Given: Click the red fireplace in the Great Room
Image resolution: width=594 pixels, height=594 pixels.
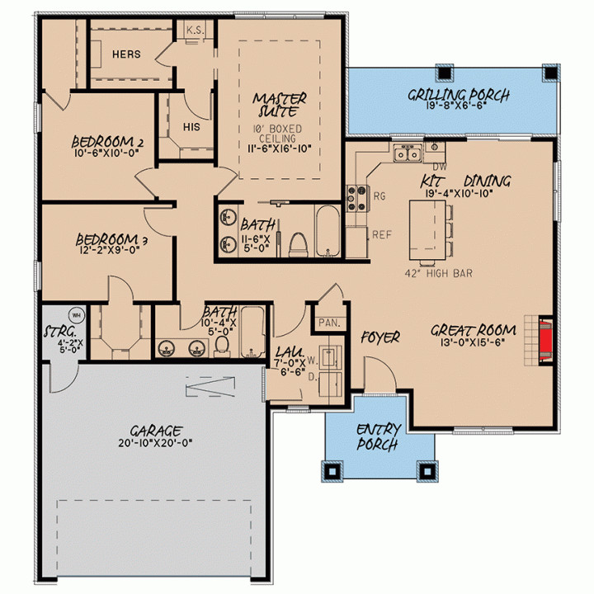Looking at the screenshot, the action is point(545,339).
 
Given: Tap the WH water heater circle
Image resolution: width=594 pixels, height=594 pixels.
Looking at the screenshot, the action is point(77,315).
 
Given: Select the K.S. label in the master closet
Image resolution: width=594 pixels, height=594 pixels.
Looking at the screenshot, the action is point(196,31).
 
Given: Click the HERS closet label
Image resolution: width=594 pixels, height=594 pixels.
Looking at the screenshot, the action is point(126,54).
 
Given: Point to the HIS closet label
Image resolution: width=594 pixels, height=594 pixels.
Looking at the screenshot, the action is point(191,127).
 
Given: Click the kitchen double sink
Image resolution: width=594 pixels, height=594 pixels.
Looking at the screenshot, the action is point(408,153).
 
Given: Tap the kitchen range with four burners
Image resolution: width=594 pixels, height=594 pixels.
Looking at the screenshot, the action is point(357,198).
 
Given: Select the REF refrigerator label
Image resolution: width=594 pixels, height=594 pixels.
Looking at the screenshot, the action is point(381,235).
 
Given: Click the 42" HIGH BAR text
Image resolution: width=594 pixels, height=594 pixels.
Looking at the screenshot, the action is point(439,273).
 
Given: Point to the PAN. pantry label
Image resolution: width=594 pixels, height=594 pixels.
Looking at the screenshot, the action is point(329,323).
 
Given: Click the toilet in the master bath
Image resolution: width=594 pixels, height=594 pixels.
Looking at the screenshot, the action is point(298,245).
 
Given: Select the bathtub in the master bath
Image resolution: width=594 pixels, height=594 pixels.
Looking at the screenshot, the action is point(328,231).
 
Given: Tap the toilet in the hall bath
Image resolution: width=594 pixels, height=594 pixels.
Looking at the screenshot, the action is point(222,346).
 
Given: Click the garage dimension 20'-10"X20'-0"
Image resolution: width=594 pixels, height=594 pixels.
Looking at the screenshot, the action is point(155,443).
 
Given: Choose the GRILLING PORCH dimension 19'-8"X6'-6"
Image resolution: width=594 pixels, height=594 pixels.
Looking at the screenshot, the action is point(456,106).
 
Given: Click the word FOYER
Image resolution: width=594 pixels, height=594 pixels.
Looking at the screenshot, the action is point(380,337).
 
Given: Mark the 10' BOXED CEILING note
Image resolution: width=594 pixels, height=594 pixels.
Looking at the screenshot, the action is point(277,134).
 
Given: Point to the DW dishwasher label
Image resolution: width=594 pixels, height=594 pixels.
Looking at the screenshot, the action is point(440,167).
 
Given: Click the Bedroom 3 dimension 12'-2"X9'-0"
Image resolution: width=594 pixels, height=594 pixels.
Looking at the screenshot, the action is point(110,250).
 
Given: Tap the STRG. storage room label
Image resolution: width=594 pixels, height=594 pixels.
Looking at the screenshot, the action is point(60,332).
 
